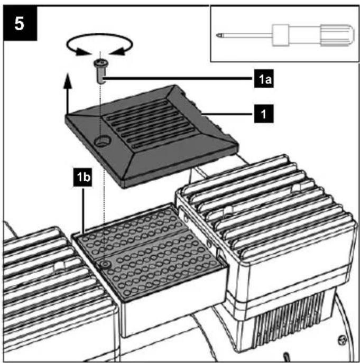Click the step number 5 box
click(20, 23)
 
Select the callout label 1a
click(264, 79)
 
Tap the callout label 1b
click(82, 178)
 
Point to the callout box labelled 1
click(264, 114)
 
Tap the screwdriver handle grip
click(337, 35)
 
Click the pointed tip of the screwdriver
click(218, 35)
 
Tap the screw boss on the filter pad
click(105, 264)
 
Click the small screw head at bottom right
click(343, 340)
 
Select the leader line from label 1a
click(178, 79)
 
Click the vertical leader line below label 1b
click(83, 209)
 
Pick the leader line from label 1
click(228, 114)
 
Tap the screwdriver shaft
click(246, 35)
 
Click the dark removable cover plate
click(152, 137)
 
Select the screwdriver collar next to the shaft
click(281, 35)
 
